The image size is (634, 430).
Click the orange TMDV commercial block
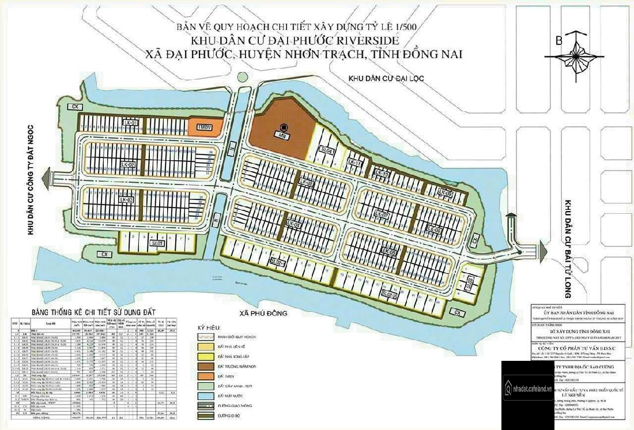(x=204, y=127)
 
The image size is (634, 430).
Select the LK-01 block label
(x=131, y=123)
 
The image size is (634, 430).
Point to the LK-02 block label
(x=129, y=165)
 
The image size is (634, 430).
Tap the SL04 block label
(x=327, y=150)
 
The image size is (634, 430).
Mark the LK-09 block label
(x=446, y=193)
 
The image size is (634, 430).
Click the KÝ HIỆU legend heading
(x=210, y=327)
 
